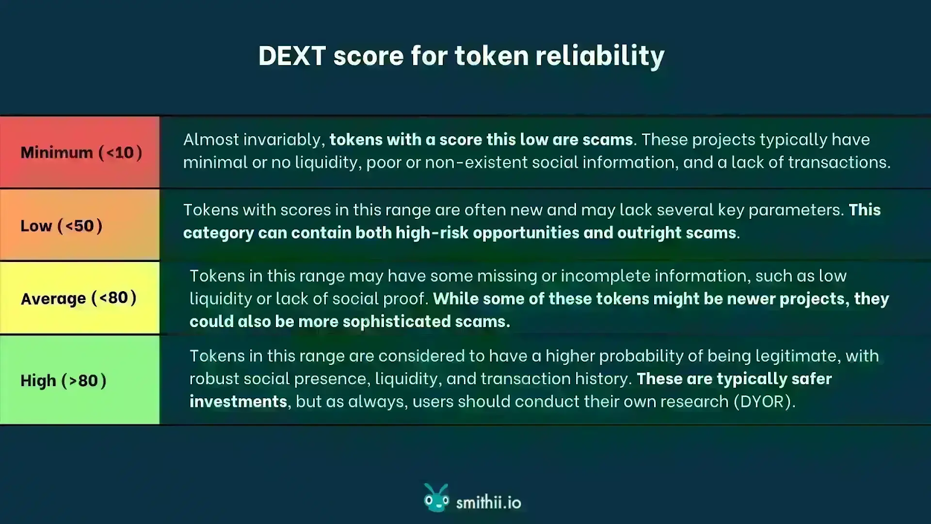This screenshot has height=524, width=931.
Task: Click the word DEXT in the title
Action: click(292, 56)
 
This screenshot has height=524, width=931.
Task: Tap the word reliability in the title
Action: click(600, 56)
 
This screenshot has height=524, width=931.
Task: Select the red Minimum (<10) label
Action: click(81, 153)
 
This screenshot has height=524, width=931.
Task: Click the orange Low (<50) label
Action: click(61, 226)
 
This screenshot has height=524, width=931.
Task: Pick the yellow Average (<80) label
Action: click(79, 298)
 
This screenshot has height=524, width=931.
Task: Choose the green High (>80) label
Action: click(63, 381)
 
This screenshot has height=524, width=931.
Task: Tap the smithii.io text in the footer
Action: click(488, 502)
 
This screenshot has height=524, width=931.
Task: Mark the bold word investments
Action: click(238, 402)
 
